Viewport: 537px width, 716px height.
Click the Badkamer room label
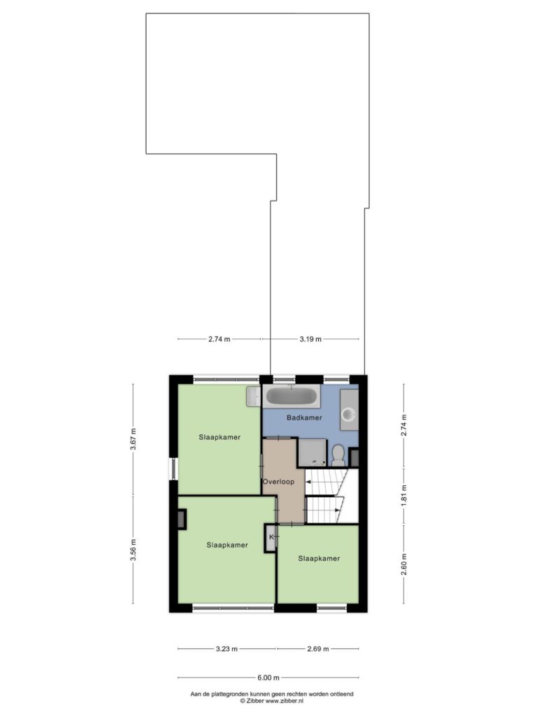304,417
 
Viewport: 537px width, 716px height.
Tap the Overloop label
278,482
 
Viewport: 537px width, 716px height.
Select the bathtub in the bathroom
292,396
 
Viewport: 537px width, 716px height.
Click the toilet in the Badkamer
338,455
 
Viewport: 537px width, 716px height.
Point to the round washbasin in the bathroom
350,415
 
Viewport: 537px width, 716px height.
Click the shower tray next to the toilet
313,452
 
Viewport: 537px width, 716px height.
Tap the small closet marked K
271,538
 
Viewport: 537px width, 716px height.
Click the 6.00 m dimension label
268,678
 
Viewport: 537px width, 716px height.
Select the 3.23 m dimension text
227,648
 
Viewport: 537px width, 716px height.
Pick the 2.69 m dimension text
318,648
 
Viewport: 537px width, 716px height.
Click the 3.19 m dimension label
310,339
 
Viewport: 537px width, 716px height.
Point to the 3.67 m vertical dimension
133,439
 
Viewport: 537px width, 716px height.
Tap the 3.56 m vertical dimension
133,550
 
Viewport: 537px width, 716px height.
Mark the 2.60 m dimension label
403,564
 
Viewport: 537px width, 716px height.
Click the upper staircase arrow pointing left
324,481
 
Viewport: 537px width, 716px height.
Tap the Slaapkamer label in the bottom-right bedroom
319,559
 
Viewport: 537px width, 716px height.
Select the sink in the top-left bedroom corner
252,396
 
